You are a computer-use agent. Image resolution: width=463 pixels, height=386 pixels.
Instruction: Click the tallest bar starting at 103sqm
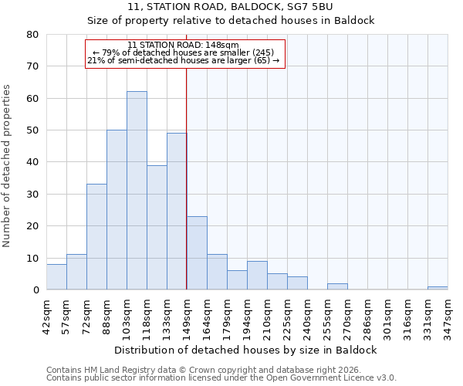pyautogui.click(x=137, y=191)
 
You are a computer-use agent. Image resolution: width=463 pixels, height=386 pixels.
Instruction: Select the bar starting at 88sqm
pyautogui.click(x=117, y=210)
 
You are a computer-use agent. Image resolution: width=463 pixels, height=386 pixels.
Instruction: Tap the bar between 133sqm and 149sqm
pyautogui.click(x=177, y=212)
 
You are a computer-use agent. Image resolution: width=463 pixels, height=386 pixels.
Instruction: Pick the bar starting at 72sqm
pyautogui.click(x=96, y=237)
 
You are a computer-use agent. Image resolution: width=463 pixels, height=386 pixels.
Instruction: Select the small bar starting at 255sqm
pyautogui.click(x=337, y=286)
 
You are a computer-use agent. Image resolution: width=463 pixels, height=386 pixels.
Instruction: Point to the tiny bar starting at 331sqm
pyautogui.click(x=438, y=288)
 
